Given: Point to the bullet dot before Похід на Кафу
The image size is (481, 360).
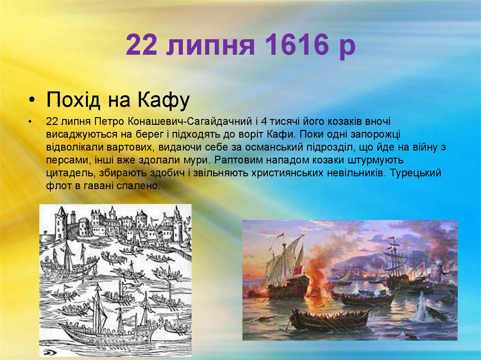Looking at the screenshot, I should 31,101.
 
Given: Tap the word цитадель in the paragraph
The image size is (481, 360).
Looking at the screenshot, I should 66,172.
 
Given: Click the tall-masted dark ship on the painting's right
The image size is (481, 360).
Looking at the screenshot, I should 396,268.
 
